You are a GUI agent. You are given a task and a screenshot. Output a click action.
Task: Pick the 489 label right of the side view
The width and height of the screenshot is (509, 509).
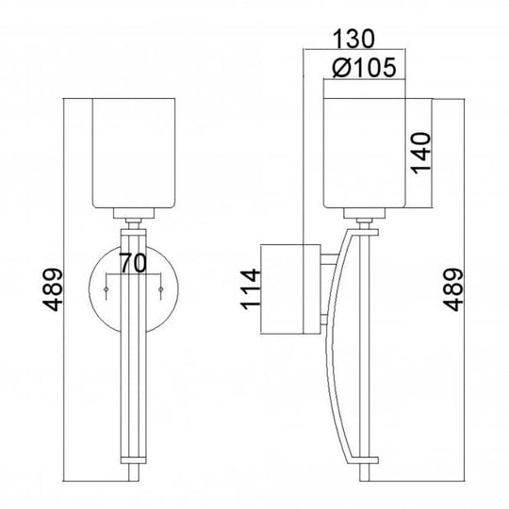pyautogui.click(x=454, y=290)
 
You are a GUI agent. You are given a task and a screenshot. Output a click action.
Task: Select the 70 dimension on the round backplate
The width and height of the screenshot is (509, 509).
pyautogui.click(x=135, y=265)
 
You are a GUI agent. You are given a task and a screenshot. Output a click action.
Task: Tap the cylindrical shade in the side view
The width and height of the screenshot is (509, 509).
pyautogui.click(x=364, y=151)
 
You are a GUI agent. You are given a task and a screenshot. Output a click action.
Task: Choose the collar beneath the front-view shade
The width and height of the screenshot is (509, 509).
pyautogui.click(x=134, y=214)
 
